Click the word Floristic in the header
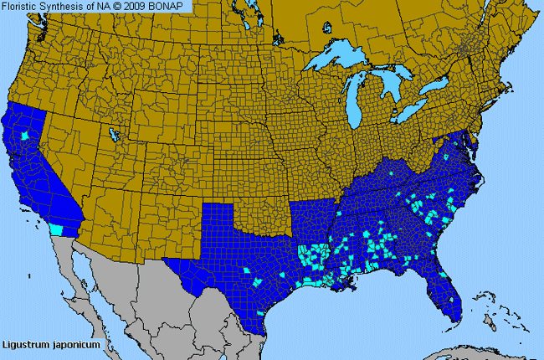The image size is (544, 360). [x=25, y=7]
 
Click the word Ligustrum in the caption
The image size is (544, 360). [x=26, y=344]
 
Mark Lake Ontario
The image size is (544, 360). [x=439, y=86]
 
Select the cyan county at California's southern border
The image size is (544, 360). [x=56, y=229]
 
